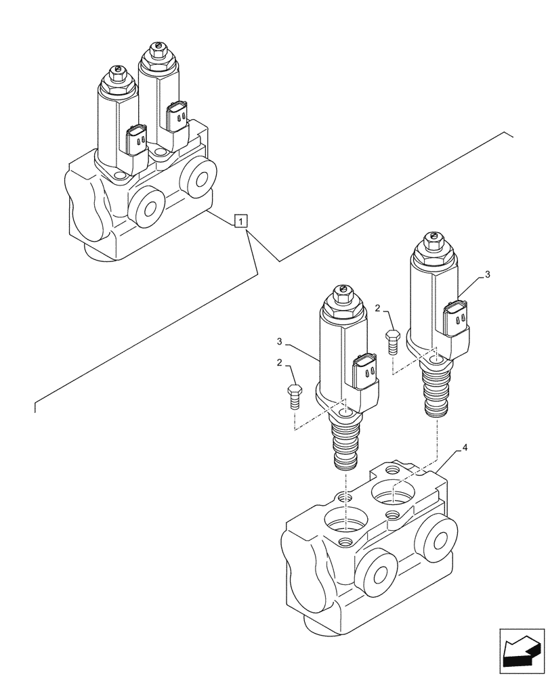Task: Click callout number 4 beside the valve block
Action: [464, 447]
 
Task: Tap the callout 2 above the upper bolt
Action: [377, 308]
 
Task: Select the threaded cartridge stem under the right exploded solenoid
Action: [436, 390]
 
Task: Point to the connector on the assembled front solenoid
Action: [137, 139]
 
